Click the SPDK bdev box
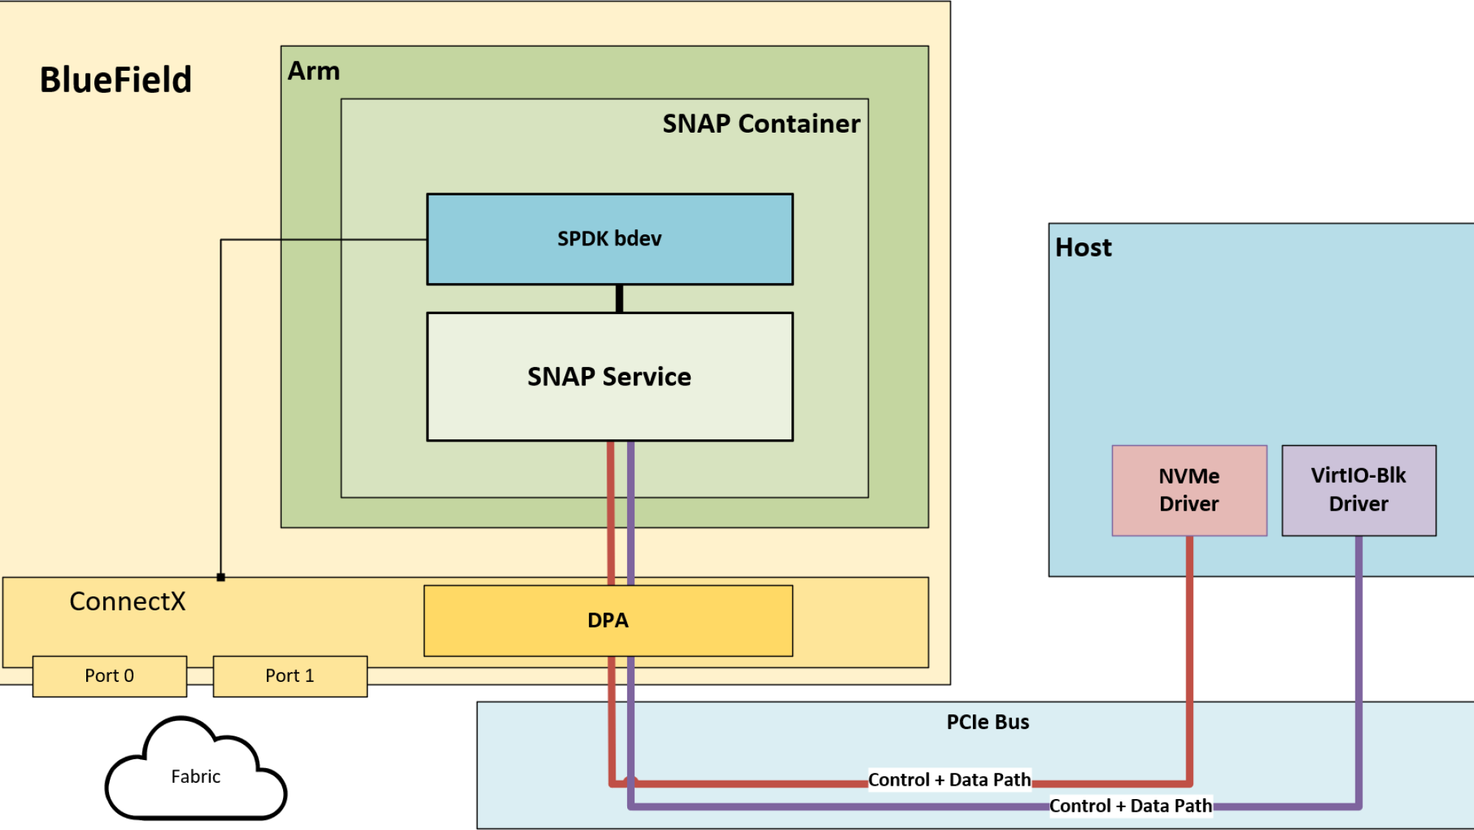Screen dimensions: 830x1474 point(609,239)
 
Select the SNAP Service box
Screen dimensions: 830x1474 point(609,377)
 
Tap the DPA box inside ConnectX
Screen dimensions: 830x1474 point(608,621)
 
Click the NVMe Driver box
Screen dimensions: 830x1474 point(1189,490)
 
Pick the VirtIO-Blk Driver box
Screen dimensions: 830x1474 point(1358,490)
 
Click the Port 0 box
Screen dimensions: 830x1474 point(109,676)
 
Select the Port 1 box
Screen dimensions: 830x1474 point(290,676)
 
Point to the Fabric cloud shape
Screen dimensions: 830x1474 point(195,776)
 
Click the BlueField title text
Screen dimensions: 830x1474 point(116,80)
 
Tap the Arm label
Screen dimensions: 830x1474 point(314,72)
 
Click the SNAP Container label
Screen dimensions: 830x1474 point(761,124)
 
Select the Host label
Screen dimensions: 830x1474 point(1083,248)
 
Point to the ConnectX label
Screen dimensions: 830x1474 point(128,601)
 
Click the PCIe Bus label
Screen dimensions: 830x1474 point(988,722)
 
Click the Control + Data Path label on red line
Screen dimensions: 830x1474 point(949,780)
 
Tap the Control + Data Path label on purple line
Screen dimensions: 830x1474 point(1131,806)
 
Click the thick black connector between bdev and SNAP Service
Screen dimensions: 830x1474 point(619,299)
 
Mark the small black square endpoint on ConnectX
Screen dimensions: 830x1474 point(220,577)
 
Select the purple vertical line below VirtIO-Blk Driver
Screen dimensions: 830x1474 point(1358,663)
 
